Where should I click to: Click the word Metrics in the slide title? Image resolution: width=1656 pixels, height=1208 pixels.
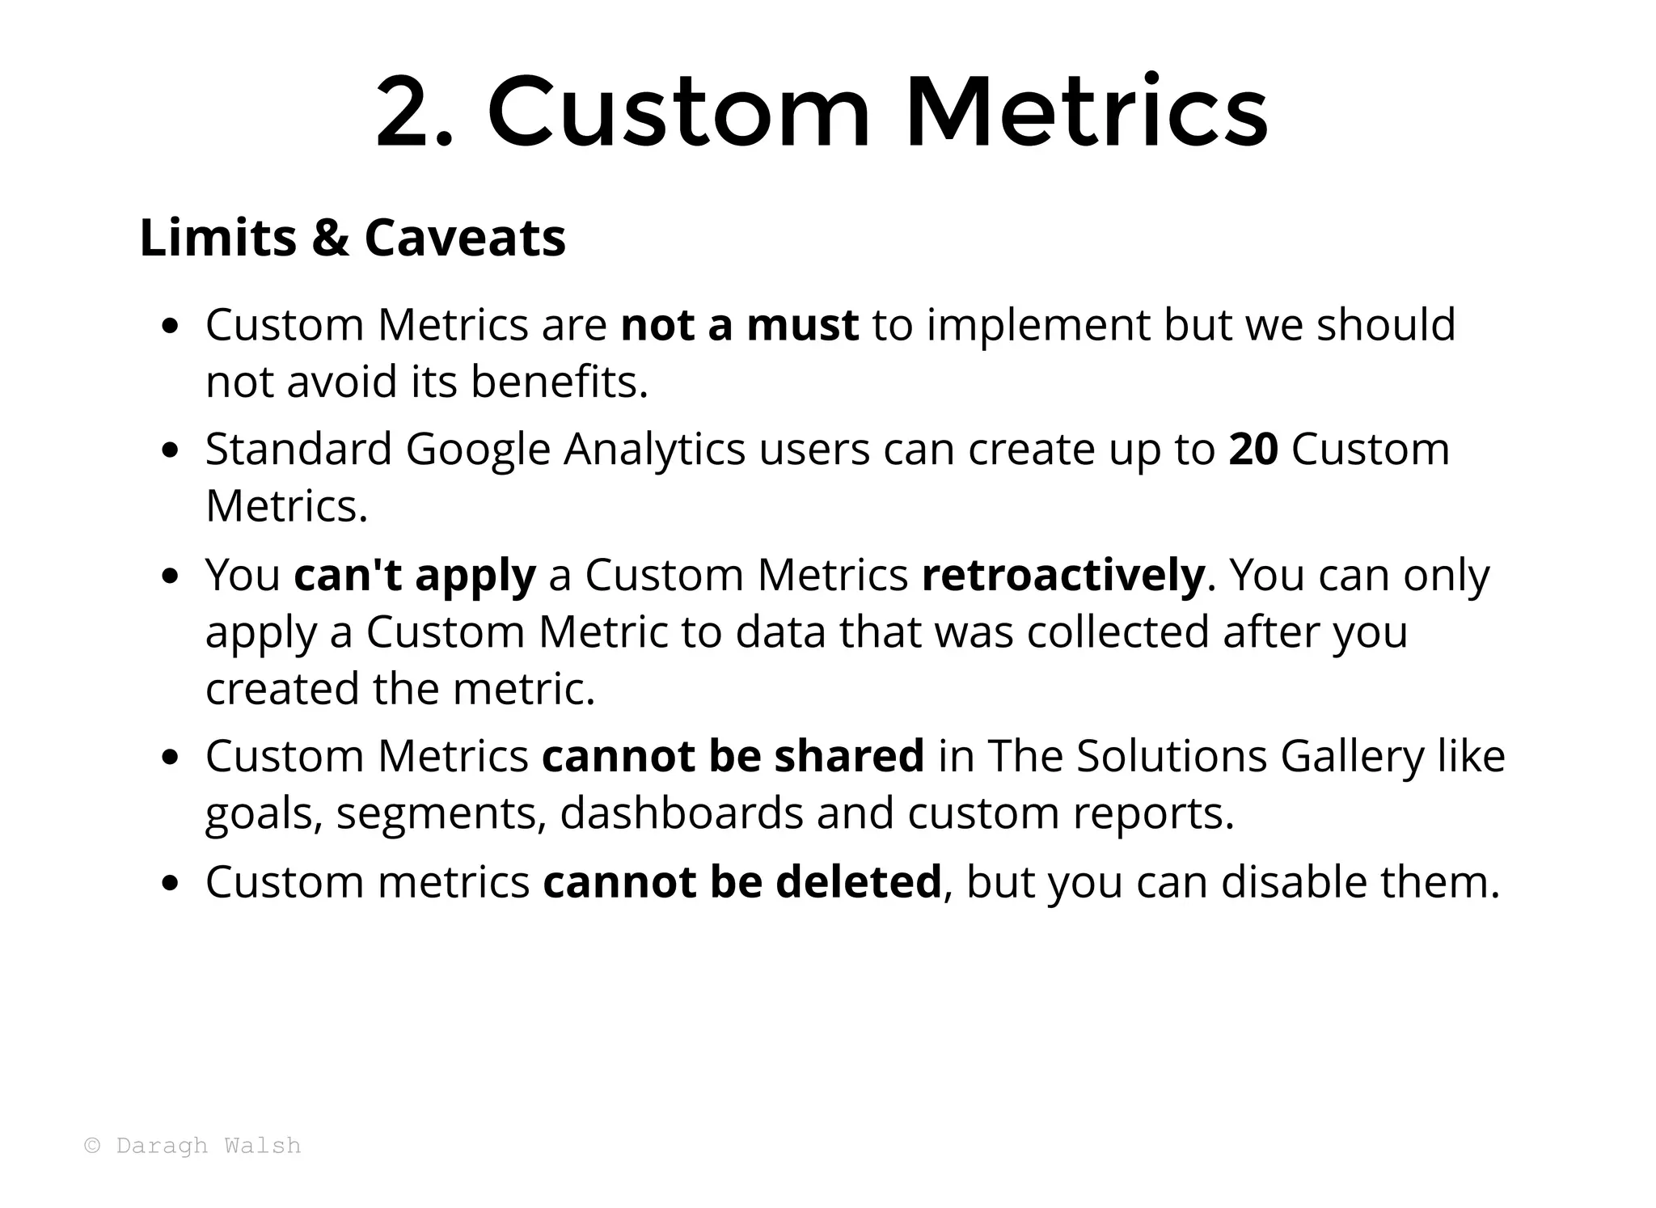pos(1085,113)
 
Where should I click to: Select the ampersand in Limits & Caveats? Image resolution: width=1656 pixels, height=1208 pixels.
pos(331,238)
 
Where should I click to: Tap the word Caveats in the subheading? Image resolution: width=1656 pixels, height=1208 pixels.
pos(465,238)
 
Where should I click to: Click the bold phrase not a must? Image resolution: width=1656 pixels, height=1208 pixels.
pos(739,325)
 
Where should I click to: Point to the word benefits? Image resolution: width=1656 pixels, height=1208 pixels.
pos(559,382)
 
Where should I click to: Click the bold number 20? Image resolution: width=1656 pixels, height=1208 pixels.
pos(1253,450)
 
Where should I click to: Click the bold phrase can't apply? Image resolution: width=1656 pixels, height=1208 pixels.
pos(414,576)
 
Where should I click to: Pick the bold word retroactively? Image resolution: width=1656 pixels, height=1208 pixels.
pos(1062,576)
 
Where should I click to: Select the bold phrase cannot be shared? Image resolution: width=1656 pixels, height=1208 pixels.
pos(733,757)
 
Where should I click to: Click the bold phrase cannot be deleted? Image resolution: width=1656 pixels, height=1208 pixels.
pos(741,882)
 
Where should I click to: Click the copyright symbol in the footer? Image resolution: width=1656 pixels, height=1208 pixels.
pos(93,1146)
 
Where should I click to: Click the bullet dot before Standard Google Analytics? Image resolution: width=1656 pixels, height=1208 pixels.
pos(169,451)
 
